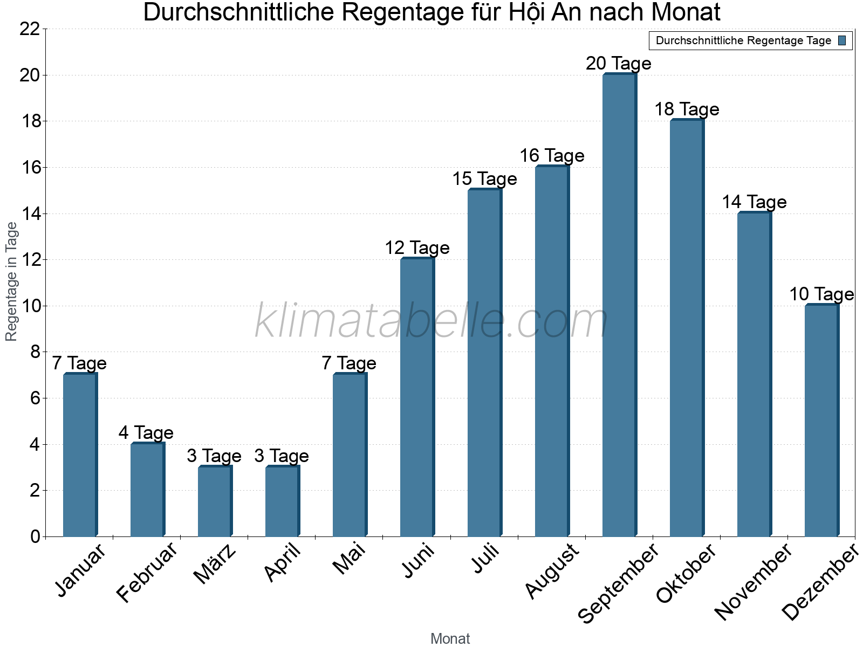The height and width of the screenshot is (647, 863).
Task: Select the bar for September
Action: click(619, 305)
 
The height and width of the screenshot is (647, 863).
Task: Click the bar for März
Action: click(215, 501)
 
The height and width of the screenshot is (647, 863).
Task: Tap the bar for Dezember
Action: click(821, 421)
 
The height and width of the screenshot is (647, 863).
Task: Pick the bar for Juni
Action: click(417, 397)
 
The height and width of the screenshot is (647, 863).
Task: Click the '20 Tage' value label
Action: click(619, 64)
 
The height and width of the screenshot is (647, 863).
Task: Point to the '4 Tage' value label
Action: click(146, 433)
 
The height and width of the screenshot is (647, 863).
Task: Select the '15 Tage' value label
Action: click(484, 179)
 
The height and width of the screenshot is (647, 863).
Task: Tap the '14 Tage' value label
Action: click(754, 202)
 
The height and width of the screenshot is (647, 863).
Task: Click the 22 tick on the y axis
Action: click(30, 29)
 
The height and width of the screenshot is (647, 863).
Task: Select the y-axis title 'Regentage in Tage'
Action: click(11, 281)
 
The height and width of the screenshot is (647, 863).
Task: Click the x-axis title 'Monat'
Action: click(450, 639)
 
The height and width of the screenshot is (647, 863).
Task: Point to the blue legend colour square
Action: click(842, 40)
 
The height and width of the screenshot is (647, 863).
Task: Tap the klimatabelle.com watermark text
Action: click(432, 321)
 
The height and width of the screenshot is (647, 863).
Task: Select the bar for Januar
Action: click(80, 455)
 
